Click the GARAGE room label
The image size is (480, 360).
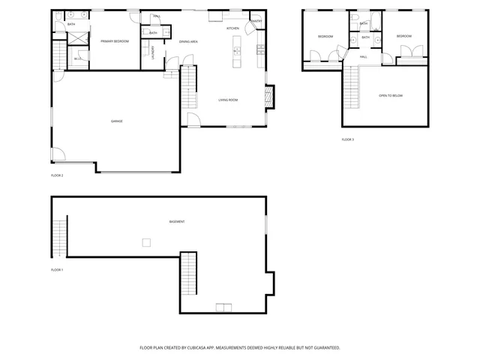(117, 121)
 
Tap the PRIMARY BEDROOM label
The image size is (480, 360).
(115, 41)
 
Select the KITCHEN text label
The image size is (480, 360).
(232, 28)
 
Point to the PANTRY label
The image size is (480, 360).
(256, 21)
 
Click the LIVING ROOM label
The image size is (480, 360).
(228, 100)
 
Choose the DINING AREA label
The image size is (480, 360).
(188, 41)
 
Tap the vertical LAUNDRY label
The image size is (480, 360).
(153, 52)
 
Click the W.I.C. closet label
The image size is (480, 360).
(78, 58)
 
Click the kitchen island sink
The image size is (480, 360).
(236, 52)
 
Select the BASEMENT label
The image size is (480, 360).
(177, 221)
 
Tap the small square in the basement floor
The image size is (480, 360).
(147, 241)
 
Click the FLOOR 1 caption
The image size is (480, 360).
(57, 269)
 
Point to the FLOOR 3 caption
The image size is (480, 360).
(348, 139)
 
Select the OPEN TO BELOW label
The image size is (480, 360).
(391, 96)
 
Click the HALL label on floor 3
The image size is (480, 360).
(363, 57)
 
